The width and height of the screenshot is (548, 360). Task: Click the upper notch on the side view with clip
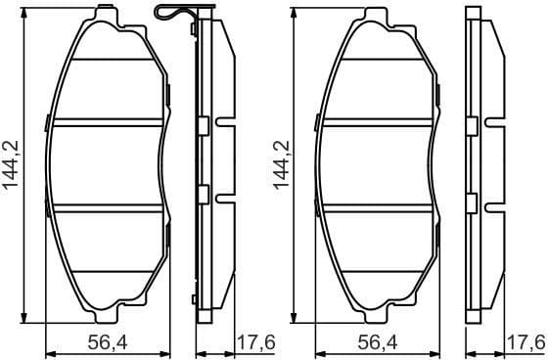click(225, 125)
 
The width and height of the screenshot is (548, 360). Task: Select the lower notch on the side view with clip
click(225, 202)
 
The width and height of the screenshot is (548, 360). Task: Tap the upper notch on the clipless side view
click(493, 125)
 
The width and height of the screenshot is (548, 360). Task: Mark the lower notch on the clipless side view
click(493, 202)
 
